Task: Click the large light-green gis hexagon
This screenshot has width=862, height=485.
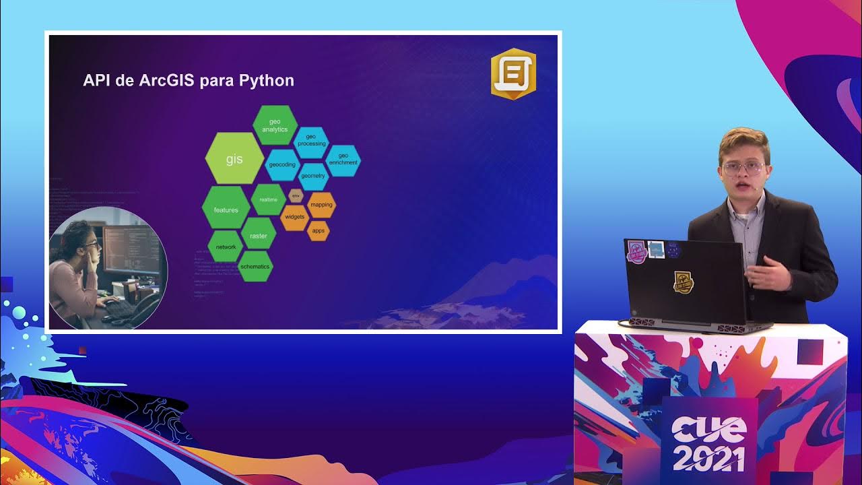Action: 234,159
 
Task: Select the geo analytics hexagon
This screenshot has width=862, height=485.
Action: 275,125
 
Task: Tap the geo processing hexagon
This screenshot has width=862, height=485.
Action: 311,140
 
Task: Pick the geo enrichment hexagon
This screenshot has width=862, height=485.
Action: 343,160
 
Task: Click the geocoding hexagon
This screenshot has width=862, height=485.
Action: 282,164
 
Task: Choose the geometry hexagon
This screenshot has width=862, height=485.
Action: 313,176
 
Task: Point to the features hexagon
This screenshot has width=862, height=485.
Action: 226,209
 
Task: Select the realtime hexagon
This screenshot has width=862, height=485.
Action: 269,200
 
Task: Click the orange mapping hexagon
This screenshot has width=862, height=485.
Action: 321,205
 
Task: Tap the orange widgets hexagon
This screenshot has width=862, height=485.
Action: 295,217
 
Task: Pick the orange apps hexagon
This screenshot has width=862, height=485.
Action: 319,230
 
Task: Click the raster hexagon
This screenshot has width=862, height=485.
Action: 259,236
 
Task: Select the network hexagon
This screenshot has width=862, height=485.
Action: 226,247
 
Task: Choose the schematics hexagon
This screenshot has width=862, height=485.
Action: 255,267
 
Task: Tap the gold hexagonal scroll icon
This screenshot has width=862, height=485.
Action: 513,74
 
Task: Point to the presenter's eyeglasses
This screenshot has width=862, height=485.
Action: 742,168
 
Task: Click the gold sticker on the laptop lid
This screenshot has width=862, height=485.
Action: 684,282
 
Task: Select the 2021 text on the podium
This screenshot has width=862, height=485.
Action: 709,458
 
